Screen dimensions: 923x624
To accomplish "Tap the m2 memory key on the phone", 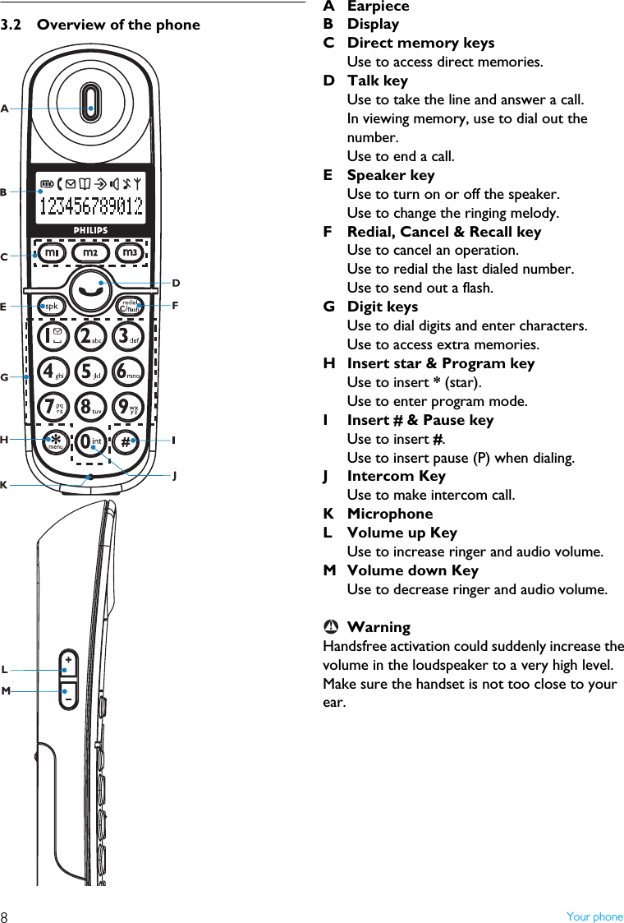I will pyautogui.click(x=90, y=253).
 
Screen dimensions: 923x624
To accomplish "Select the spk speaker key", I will pyautogui.click(x=51, y=306).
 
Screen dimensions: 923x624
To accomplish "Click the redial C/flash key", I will pyautogui.click(x=130, y=306).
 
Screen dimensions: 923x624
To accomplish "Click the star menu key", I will pyautogui.click(x=55, y=441).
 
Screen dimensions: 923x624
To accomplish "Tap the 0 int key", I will pyautogui.click(x=90, y=442).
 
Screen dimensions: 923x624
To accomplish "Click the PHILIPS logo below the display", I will pyautogui.click(x=91, y=230).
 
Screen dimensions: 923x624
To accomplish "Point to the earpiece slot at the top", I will pyautogui.click(x=91, y=108).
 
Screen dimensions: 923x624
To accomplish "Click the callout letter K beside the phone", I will pyautogui.click(x=4, y=486).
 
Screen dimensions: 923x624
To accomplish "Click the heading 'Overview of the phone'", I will pyautogui.click(x=118, y=25).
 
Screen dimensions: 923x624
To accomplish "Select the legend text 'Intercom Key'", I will pyautogui.click(x=396, y=476).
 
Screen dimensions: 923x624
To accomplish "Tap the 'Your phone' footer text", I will pyautogui.click(x=594, y=916).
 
